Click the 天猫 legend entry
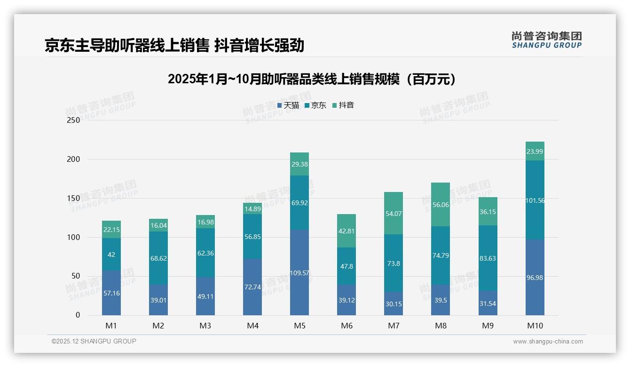coord(288,105)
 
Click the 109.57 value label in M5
coord(299,273)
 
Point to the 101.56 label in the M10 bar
coord(535,200)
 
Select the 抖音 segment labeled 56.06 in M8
coord(441,205)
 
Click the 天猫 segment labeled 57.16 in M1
coord(111,293)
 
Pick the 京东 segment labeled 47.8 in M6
coord(346,266)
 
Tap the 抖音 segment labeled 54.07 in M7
coord(394,214)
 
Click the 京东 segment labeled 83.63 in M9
coord(488,258)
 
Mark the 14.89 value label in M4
coord(252,209)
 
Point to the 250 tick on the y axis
coord(74,120)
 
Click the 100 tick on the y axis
coord(74,237)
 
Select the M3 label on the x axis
coord(205,326)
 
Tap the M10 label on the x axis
coord(535,326)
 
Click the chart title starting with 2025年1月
coord(312,79)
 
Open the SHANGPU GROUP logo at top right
coord(546,40)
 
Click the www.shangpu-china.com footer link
coord(548,342)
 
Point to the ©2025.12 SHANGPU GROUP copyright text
coord(94,342)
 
